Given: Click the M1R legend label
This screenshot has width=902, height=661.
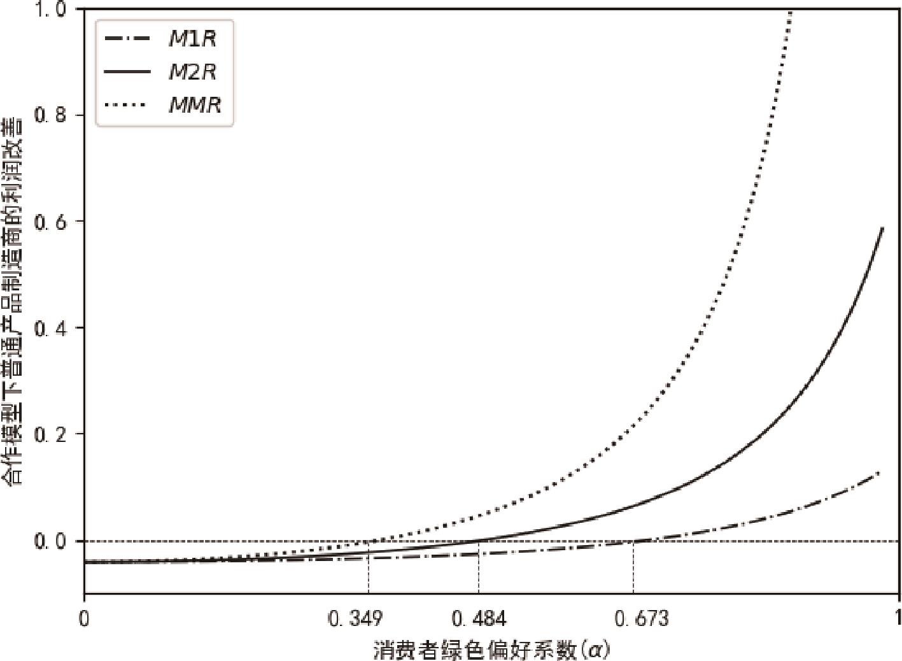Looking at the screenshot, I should [192, 39].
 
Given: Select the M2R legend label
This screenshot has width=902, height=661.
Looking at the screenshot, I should [192, 72].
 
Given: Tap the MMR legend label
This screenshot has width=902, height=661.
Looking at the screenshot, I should [195, 104].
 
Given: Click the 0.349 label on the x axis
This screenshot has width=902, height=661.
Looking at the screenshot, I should [355, 619].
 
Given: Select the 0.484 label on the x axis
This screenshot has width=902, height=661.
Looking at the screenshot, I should [478, 619].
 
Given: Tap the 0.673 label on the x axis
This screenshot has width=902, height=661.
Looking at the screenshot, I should [642, 619].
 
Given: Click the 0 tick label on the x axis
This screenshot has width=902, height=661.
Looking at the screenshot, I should [84, 619].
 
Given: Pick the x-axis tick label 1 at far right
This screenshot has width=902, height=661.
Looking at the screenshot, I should [898, 619].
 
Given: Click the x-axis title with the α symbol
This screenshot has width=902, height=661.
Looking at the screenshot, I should [491, 650].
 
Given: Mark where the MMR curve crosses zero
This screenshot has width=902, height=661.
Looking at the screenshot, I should [369, 541].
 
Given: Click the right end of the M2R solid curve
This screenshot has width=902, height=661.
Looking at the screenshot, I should [883, 227].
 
